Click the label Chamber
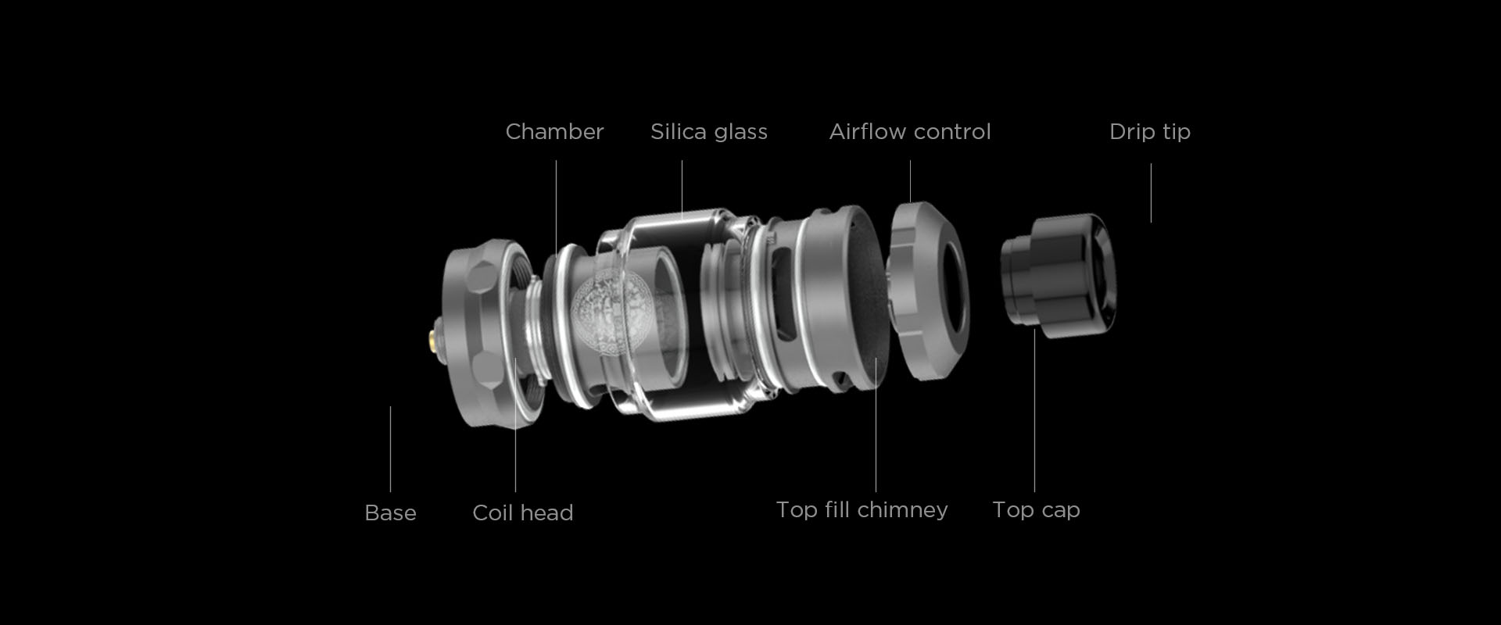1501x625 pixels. [x=554, y=131]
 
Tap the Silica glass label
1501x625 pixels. [x=709, y=132]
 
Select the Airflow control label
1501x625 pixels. [x=910, y=131]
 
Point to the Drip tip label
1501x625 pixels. [x=1150, y=132]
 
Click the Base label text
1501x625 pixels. [x=390, y=512]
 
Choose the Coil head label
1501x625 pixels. [x=523, y=512]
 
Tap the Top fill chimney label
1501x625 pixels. [x=862, y=510]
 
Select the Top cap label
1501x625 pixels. [x=1036, y=510]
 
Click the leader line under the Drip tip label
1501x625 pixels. [x=1151, y=193]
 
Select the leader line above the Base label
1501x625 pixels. [x=390, y=449]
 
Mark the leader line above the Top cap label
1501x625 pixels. [x=1034, y=410]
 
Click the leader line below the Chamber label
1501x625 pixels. [x=557, y=207]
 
